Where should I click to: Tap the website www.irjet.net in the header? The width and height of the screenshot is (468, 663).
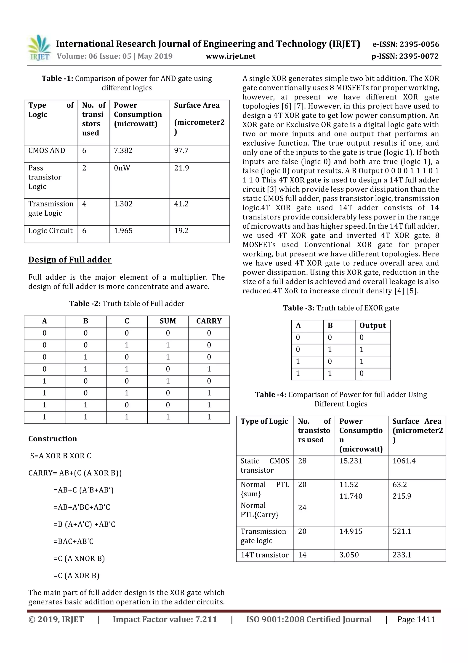coord(230,56)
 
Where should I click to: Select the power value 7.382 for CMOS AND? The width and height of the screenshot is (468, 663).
coord(123,150)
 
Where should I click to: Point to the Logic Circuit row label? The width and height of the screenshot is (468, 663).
coord(51,231)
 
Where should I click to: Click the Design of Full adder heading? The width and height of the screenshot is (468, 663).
coord(70,260)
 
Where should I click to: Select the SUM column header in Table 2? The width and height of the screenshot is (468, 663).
coord(168,321)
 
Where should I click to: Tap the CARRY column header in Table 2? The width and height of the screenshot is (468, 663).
coord(209,321)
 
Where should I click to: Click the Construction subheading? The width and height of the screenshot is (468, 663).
coord(53,439)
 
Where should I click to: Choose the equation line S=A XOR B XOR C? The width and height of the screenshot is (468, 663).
coord(61,456)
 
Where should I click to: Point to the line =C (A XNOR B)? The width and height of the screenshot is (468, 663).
coord(79,558)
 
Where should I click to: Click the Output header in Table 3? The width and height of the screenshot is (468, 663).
coord(372,325)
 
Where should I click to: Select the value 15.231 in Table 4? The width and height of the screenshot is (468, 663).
coord(350,461)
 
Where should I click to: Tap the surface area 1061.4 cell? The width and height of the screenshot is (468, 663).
coord(404,461)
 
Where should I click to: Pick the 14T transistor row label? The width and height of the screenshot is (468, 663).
coord(264,555)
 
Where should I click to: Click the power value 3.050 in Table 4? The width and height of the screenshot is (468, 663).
coord(349,555)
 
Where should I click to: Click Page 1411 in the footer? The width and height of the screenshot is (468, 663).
coord(416,619)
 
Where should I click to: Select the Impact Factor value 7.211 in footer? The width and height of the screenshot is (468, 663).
coord(165,619)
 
